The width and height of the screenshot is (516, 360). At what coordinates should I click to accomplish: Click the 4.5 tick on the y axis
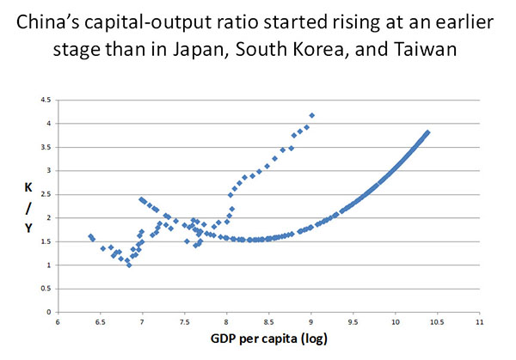click(x=46, y=101)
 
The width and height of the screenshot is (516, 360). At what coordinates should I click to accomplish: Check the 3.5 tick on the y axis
click(x=46, y=148)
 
